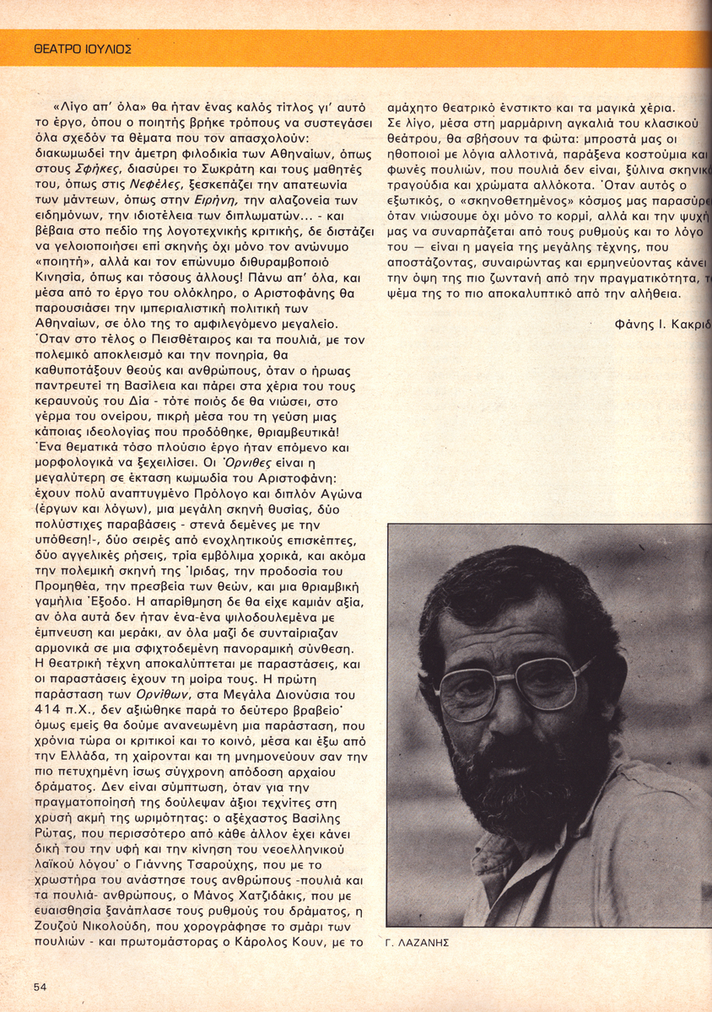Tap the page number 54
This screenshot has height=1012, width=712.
point(41,986)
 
